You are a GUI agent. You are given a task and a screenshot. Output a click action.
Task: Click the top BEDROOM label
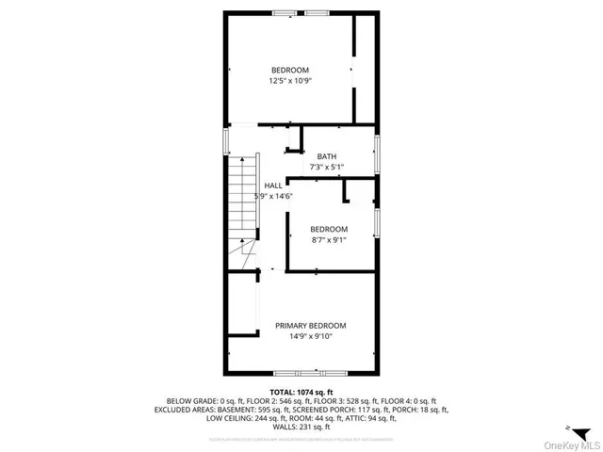point(289,71)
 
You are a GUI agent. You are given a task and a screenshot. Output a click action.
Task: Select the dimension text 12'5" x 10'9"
point(289,81)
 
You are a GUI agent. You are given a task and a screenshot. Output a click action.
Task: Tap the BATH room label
point(326,156)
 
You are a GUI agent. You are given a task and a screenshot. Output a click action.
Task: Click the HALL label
point(273,186)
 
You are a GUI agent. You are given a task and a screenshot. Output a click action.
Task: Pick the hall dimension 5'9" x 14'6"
point(274,196)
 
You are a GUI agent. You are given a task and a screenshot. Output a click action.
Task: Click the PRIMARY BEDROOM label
point(303,325)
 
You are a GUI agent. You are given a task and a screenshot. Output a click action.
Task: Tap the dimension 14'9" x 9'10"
point(303,335)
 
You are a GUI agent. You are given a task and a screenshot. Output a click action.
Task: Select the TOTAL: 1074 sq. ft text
point(301,392)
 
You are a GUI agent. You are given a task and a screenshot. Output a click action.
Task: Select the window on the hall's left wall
point(225,141)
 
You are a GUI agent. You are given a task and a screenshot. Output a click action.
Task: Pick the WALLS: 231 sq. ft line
point(301,428)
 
